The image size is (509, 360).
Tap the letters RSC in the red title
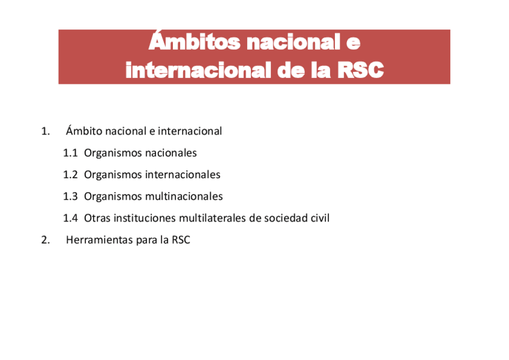pyautogui.click(x=360, y=70)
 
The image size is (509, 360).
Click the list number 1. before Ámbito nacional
pyautogui.click(x=45, y=131)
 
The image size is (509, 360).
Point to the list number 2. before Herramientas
pyautogui.click(x=45, y=240)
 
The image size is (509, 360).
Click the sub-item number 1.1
pyautogui.click(x=70, y=153)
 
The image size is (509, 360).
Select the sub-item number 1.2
pyautogui.click(x=70, y=175)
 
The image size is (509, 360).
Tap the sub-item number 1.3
pyautogui.click(x=70, y=197)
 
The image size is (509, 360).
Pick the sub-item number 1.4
pyautogui.click(x=70, y=218)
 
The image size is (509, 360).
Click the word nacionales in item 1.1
pyautogui.click(x=170, y=153)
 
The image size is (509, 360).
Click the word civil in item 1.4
pyautogui.click(x=320, y=218)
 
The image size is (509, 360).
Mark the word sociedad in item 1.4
pyautogui.click(x=285, y=218)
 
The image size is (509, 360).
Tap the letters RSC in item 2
pyautogui.click(x=181, y=240)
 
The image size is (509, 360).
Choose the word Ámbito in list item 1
pyautogui.click(x=83, y=131)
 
